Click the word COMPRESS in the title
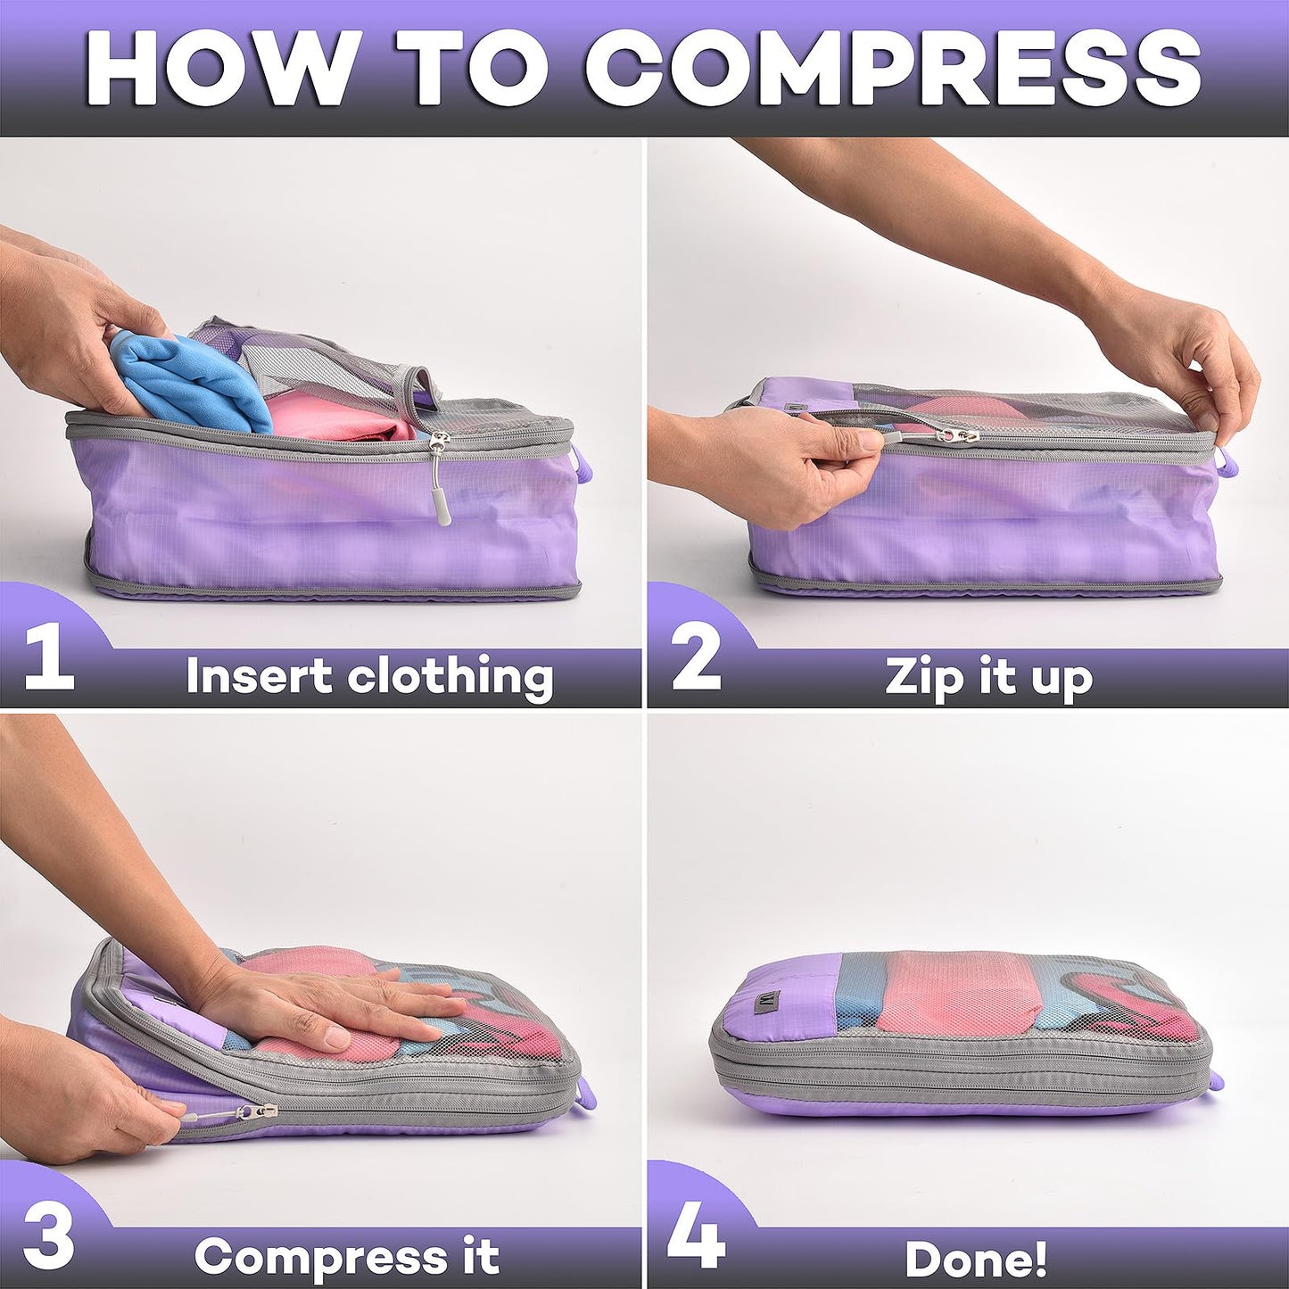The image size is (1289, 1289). point(893,70)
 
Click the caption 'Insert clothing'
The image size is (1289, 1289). point(369,677)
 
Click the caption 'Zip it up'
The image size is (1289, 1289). point(988,677)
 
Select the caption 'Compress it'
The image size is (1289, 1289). point(346,1257)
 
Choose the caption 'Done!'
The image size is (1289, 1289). point(976,1259)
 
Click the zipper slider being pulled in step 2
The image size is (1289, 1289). point(959,436)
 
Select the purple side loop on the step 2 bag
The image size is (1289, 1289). point(1227,463)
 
